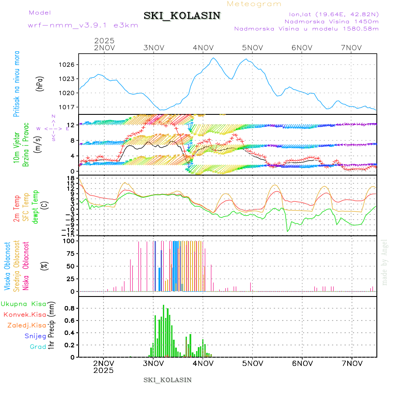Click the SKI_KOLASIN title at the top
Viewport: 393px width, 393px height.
[x=182, y=16]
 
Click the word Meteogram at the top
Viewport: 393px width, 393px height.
[x=254, y=4]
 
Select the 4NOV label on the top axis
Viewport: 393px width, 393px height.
[x=203, y=48]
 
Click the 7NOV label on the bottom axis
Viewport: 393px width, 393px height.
[x=352, y=363]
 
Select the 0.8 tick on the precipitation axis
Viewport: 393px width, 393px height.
[x=69, y=308]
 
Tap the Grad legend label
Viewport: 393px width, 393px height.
[x=38, y=347]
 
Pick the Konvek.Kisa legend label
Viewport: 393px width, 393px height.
[x=25, y=314]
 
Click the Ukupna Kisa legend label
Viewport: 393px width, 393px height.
[x=24, y=303]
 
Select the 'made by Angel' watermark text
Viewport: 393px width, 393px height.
[x=385, y=262]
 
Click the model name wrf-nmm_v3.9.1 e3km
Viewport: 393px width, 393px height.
[x=83, y=25]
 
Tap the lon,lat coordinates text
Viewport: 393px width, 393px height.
[x=331, y=14]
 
